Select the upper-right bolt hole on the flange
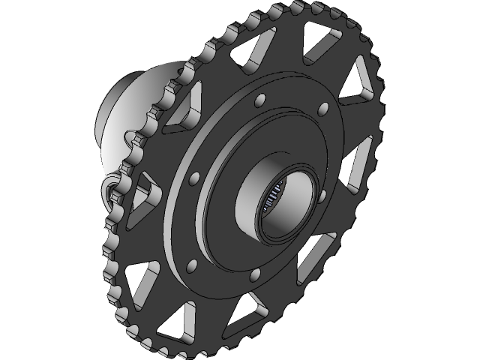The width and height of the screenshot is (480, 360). (325, 109)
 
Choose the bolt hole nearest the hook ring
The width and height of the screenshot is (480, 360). (196, 177)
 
